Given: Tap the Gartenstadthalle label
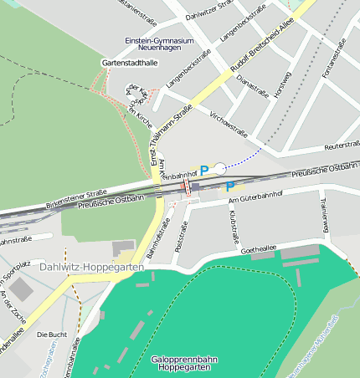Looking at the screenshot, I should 130,63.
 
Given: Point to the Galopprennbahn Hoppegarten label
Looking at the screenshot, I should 186,363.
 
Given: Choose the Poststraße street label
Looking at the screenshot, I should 177,237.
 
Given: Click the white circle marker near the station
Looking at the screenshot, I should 219,168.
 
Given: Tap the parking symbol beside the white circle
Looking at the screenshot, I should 204,170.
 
